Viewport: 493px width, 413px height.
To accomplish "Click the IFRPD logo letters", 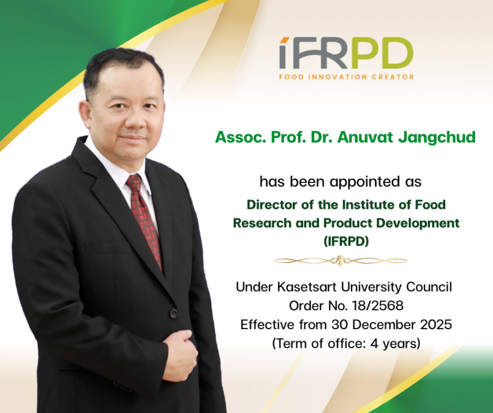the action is click(x=346, y=53).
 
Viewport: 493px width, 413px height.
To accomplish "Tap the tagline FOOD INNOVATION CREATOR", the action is click(x=346, y=77).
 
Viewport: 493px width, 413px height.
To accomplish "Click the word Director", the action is click(x=272, y=205).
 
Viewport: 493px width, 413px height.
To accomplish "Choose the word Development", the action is click(x=418, y=223).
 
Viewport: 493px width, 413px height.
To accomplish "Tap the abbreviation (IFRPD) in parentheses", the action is click(x=346, y=242).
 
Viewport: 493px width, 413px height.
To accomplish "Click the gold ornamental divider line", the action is click(x=341, y=261).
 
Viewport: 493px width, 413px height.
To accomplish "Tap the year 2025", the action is click(x=436, y=324).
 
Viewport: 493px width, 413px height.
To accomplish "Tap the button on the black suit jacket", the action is click(x=173, y=313).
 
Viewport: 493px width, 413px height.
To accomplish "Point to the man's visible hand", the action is click(x=180, y=355).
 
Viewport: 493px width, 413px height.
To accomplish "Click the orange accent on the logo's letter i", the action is click(x=285, y=40).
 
